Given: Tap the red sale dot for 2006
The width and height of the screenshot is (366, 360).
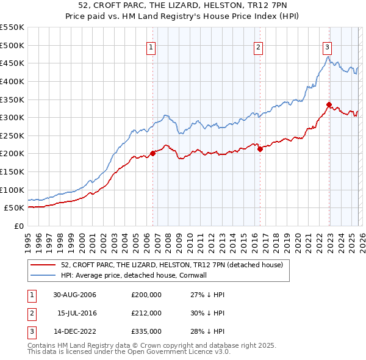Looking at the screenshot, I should (x=152, y=154).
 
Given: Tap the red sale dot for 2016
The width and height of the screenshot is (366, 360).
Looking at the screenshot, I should (x=260, y=148).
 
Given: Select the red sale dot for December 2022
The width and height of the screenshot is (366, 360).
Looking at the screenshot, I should (x=329, y=104).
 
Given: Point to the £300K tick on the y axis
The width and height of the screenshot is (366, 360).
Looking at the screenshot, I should (x=12, y=117).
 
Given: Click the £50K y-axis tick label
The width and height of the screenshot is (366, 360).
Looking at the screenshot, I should (x=15, y=207).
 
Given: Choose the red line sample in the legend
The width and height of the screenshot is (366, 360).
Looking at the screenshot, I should (x=43, y=265).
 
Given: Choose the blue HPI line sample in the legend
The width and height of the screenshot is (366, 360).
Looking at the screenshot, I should (x=43, y=276).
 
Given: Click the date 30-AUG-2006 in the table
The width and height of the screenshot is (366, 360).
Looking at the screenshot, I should (x=75, y=295).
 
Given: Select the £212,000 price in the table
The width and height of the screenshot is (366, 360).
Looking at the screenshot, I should (x=146, y=313).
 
